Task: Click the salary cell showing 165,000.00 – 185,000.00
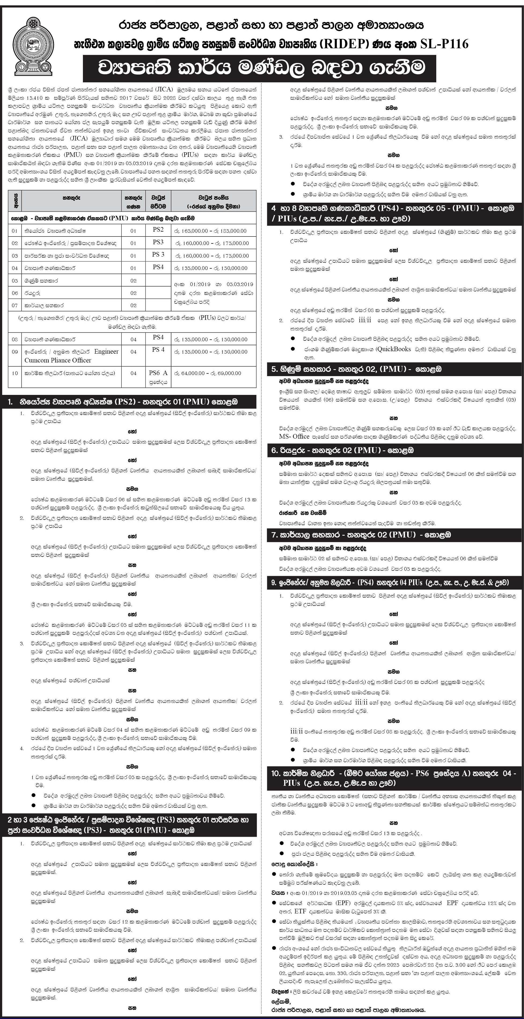214,231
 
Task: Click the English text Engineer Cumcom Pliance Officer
72,356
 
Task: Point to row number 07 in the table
15,305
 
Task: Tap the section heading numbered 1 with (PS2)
129,402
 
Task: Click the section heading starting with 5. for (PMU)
356,369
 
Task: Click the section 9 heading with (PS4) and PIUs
390,582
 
